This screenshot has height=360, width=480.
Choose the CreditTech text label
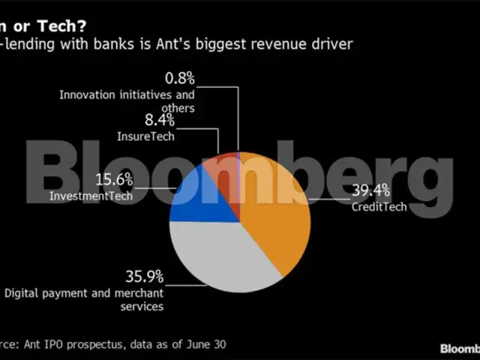(379, 206)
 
